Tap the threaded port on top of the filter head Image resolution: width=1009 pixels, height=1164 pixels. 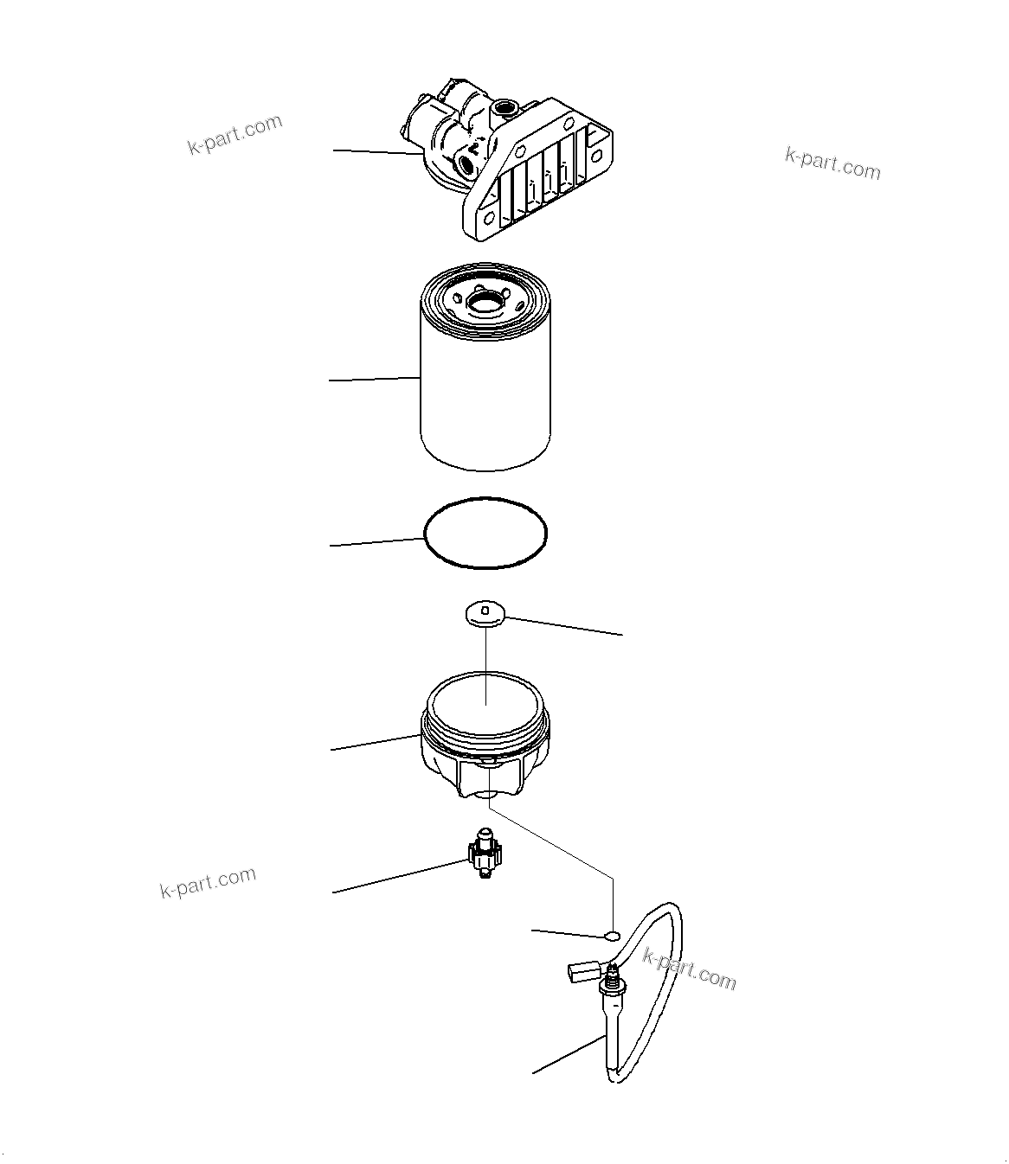(x=504, y=110)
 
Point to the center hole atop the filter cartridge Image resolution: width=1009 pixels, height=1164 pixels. (x=485, y=300)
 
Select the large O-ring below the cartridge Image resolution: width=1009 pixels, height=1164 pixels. (x=485, y=533)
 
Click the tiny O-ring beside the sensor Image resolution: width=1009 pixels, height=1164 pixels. (x=613, y=936)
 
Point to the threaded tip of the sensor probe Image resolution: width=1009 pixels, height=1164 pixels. (x=613, y=981)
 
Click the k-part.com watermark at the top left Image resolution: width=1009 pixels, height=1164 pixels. (x=235, y=134)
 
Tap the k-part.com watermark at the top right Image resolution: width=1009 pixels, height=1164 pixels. (x=832, y=162)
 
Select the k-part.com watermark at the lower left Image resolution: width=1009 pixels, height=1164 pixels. (x=208, y=882)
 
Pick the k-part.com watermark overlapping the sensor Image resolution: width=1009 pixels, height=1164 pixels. (x=690, y=968)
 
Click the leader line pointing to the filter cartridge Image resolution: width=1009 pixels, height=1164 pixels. (x=374, y=379)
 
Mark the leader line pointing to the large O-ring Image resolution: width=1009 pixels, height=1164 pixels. (x=377, y=542)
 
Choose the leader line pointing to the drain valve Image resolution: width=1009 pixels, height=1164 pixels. (x=398, y=876)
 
